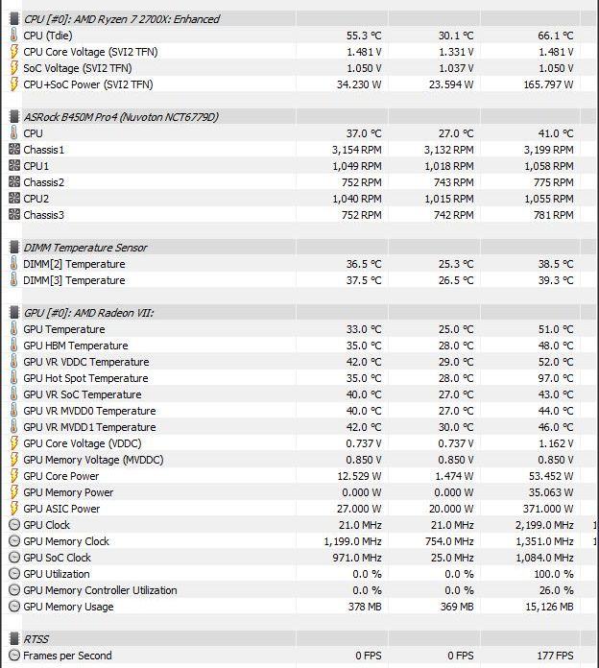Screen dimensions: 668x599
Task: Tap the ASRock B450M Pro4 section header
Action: (x=120, y=117)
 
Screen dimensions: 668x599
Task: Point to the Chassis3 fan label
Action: (x=44, y=215)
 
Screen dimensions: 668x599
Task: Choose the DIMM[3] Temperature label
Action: (x=74, y=280)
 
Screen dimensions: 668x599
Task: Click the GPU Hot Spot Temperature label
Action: (x=85, y=378)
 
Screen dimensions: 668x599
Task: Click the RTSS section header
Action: (x=36, y=639)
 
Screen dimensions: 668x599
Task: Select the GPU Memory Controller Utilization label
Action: (x=100, y=590)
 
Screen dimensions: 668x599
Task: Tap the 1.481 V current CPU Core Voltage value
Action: (x=363, y=52)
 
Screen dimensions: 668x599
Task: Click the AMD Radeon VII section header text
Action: (x=102, y=313)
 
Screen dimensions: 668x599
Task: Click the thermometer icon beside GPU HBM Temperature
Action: (x=13, y=346)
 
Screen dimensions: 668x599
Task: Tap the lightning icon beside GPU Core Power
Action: (x=13, y=476)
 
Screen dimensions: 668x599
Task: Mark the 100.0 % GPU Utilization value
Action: (x=552, y=574)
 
